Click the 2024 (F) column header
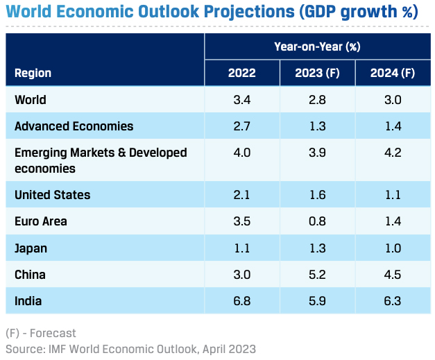coord(392,73)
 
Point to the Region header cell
coord(33,73)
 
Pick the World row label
coord(31,100)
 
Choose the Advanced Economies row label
coord(74,126)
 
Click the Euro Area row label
coord(41,221)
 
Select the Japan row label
coord(31,248)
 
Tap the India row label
coord(28,301)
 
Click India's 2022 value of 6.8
coord(242,301)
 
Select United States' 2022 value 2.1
coord(242,195)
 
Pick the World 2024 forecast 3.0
coord(392,100)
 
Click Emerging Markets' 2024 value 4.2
coord(392,153)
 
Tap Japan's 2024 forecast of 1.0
coord(392,248)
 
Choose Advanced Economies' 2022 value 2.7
coord(242,126)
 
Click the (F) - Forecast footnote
coord(41,333)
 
